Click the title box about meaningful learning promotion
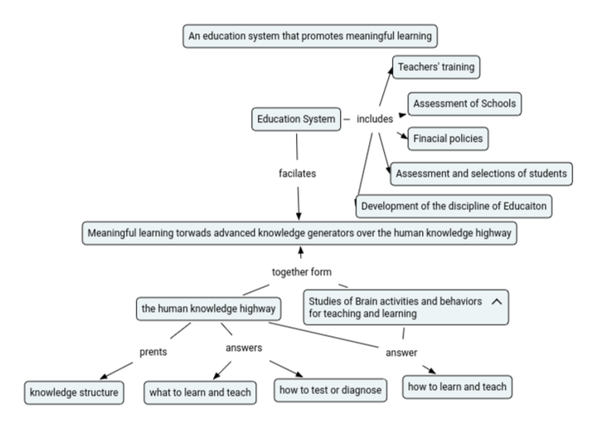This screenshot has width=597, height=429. tap(310, 37)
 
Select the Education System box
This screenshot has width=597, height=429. tap(296, 119)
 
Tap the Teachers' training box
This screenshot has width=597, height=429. tap(436, 67)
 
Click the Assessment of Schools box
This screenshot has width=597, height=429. tap(464, 104)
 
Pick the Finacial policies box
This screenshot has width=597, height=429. tap(448, 139)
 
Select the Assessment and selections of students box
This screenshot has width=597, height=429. tap(481, 173)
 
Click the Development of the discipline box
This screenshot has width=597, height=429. tap(454, 206)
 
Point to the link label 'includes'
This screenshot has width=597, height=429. tap(375, 119)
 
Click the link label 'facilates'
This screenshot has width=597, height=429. tap(298, 173)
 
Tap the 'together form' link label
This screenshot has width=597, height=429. tap(302, 272)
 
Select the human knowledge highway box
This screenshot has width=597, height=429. tap(209, 309)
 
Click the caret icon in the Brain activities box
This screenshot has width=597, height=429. tap(497, 302)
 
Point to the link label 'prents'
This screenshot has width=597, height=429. tap(153, 352)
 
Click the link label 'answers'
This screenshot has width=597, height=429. tap(244, 348)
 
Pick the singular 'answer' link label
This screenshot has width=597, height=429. tap(401, 353)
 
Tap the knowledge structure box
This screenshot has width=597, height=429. tap(74, 392)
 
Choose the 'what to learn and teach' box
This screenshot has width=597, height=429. tap(200, 392)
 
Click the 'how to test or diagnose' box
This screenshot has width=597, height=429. tap(331, 390)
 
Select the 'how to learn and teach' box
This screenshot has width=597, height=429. tap(457, 387)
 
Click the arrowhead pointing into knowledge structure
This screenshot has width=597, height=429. tap(104, 377)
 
